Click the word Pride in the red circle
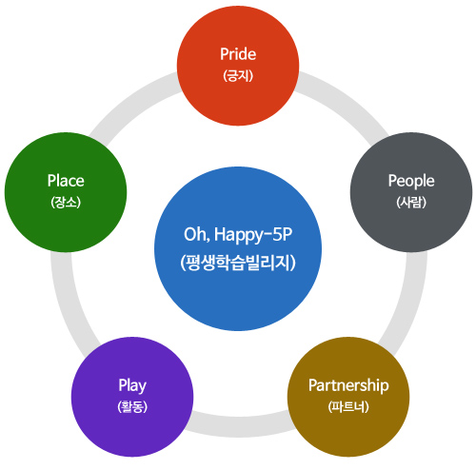[238, 53]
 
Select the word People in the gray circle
[411, 180]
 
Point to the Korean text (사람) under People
[411, 201]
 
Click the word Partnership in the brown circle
[349, 385]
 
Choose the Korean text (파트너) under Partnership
[349, 406]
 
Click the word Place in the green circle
[66, 180]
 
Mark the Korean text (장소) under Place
[66, 201]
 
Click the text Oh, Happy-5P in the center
[238, 235]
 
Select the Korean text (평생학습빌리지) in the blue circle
[238, 262]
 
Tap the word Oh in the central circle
[194, 235]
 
